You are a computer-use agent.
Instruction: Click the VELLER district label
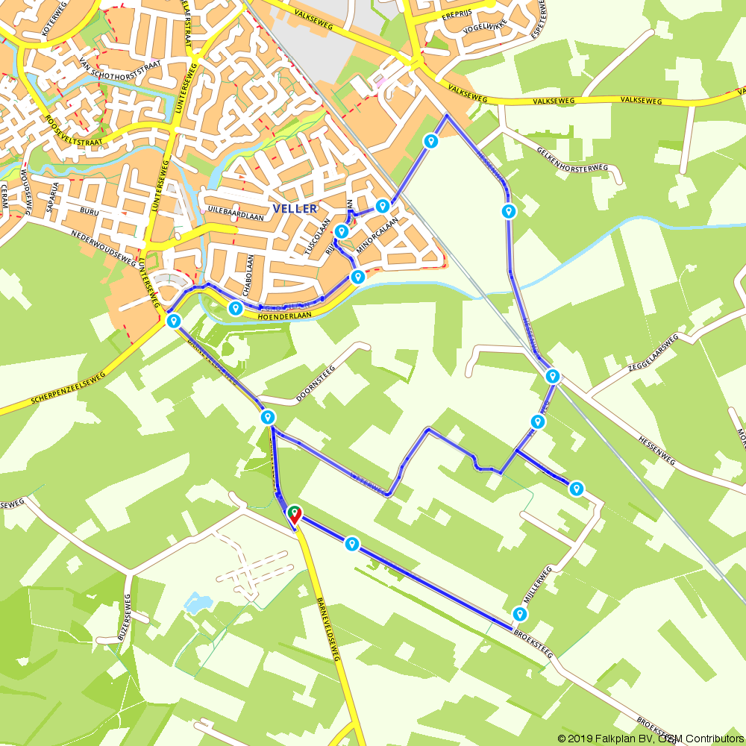point(295,209)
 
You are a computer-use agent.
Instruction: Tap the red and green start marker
point(295,514)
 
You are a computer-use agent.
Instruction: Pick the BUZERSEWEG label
point(124,617)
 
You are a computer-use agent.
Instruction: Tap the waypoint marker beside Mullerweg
point(519,615)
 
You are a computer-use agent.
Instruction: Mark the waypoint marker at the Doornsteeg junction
point(268,417)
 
